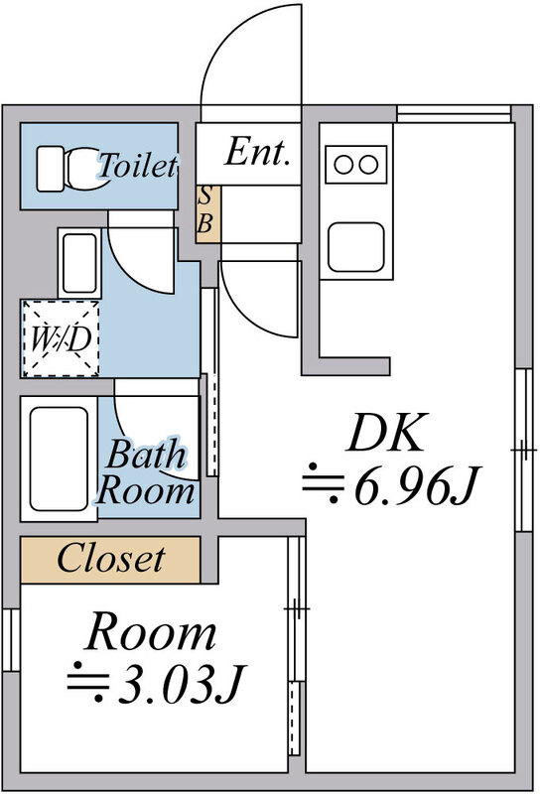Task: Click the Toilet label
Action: [x=138, y=165]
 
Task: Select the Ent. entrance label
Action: [x=257, y=152]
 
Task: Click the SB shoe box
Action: [x=208, y=213]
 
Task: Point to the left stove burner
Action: [x=344, y=165]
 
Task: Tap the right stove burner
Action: [x=368, y=165]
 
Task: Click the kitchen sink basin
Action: [x=356, y=247]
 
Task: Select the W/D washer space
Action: [x=61, y=337]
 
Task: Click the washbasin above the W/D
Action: [x=79, y=263]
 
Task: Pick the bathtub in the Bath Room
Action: [x=59, y=459]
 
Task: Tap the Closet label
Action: [x=110, y=559]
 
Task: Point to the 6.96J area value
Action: [x=390, y=487]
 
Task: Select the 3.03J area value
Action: [x=157, y=685]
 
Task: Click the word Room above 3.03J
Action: [x=151, y=631]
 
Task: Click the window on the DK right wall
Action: [x=524, y=450]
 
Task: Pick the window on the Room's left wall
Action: [x=11, y=640]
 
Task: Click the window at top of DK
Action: [x=454, y=114]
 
